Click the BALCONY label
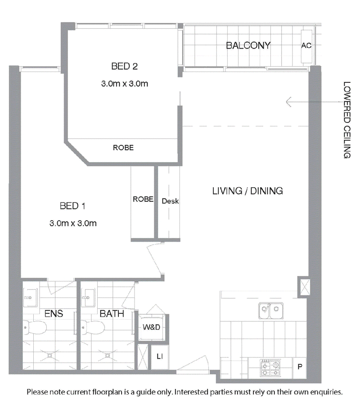pyautogui.click(x=248, y=45)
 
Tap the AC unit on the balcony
pyautogui.click(x=306, y=46)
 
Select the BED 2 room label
pyautogui.click(x=124, y=66)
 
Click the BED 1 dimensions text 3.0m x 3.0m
pyautogui.click(x=73, y=223)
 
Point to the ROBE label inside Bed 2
pyautogui.click(x=123, y=148)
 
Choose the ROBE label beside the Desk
pyautogui.click(x=143, y=199)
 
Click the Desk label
pyautogui.click(x=170, y=201)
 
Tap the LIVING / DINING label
pyautogui.click(x=247, y=191)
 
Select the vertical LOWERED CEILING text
pyautogui.click(x=347, y=120)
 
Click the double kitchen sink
pyautogui.click(x=271, y=311)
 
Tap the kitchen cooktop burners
pyautogui.click(x=270, y=368)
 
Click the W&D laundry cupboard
pyautogui.click(x=151, y=327)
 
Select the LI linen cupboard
pyautogui.click(x=160, y=356)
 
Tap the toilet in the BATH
pyautogui.click(x=93, y=328)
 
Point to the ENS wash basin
pyautogui.click(x=30, y=298)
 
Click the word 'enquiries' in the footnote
pyautogui.click(x=326, y=392)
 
